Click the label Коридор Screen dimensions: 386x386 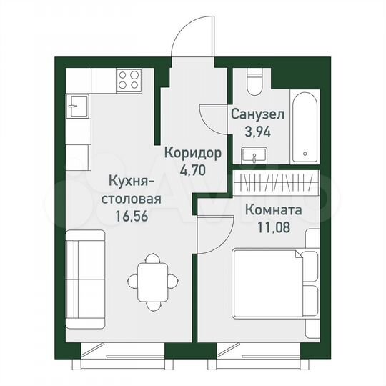(192, 152)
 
